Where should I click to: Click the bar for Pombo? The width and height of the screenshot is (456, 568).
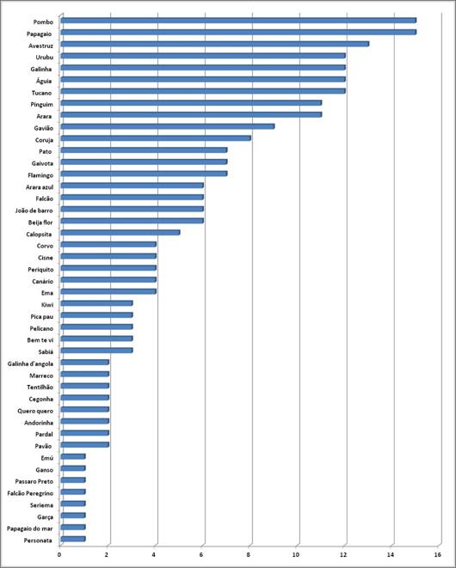[238, 21]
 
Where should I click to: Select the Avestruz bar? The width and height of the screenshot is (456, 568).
[215, 44]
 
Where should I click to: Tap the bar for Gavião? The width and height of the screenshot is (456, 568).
[168, 126]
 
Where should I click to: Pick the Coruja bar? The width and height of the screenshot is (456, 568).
[156, 138]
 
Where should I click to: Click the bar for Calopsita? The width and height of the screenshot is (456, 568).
[120, 233]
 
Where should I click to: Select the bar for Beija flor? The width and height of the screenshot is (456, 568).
[132, 221]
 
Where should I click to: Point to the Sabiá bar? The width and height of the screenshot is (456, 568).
[97, 351]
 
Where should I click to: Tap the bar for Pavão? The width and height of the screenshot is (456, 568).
[85, 444]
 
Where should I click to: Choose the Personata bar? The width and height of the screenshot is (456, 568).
[73, 539]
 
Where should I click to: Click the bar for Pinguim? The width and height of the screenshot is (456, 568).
[191, 103]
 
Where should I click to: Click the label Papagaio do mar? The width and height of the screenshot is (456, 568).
[30, 528]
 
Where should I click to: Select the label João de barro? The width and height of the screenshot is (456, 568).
[34, 211]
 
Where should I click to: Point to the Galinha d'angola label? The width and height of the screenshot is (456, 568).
[30, 363]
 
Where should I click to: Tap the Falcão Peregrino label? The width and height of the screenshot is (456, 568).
[30, 493]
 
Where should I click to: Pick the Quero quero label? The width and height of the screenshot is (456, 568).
[35, 411]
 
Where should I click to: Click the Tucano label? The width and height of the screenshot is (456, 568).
[41, 93]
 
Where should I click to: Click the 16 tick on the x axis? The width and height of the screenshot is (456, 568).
[437, 554]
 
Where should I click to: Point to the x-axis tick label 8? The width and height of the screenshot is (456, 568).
[249, 554]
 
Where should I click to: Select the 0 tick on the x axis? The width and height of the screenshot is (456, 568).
[59, 554]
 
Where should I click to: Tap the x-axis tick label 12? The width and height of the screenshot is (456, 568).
[343, 554]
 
